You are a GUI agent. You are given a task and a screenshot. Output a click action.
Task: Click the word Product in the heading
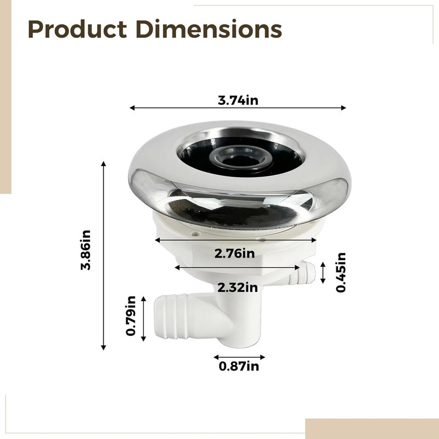click(77, 29)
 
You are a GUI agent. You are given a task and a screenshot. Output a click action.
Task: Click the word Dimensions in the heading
click(209, 29)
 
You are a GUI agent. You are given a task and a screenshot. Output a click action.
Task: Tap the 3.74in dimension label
click(238, 100)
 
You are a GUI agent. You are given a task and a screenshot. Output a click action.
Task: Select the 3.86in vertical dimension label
click(86, 250)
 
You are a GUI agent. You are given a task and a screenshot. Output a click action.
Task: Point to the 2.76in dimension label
click(235, 254)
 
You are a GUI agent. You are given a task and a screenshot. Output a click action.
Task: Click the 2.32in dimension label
click(238, 288)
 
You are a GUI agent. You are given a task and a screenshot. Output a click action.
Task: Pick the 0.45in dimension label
click(341, 272)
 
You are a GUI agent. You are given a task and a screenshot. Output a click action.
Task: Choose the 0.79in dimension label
click(131, 316)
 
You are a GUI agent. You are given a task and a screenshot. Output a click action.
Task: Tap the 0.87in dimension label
click(239, 366)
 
